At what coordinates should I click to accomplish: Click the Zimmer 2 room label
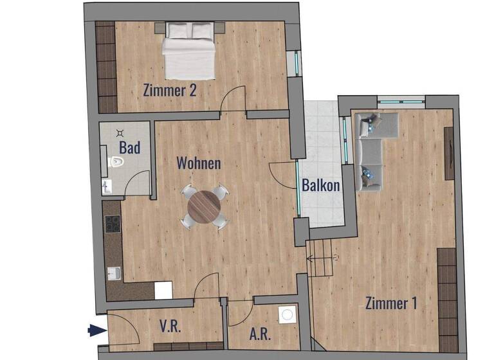(x=170, y=90)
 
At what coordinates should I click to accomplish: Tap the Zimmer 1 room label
(x=387, y=302)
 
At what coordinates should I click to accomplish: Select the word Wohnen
(x=199, y=163)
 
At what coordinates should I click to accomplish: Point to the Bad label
(x=129, y=148)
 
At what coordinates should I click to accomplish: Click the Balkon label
(x=321, y=185)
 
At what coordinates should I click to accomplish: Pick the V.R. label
(x=170, y=326)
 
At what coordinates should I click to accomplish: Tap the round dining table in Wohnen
(x=204, y=206)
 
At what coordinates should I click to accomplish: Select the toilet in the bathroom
(x=114, y=162)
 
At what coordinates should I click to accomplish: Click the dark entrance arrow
(x=96, y=331)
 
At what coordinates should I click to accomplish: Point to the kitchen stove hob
(x=112, y=224)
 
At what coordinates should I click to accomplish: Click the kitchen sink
(x=114, y=274)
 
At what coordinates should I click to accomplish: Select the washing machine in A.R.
(x=287, y=315)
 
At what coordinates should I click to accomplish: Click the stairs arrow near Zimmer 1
(x=322, y=258)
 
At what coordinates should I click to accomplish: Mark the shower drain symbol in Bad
(x=120, y=133)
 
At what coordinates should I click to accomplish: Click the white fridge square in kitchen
(x=163, y=291)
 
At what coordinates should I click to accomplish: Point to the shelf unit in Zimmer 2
(x=106, y=67)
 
